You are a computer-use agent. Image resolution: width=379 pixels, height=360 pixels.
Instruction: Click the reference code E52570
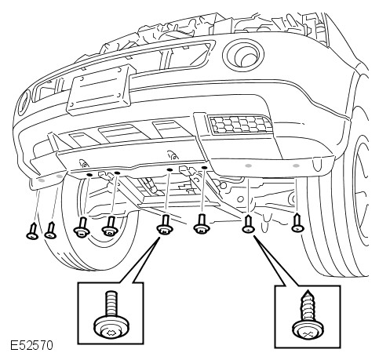[x=31, y=345]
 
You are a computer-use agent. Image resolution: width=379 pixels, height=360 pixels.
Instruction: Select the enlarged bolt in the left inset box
[x=111, y=316]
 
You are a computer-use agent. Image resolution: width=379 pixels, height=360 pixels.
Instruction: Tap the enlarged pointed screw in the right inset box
[x=308, y=318]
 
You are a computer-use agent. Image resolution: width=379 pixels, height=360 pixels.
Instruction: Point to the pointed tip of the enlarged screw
[x=308, y=291]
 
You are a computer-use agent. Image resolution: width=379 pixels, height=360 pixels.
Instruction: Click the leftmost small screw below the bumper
[x=32, y=231]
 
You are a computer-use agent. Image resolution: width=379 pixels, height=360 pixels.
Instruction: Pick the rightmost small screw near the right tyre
[x=297, y=223]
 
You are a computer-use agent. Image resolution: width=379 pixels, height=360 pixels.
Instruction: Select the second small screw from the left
[x=51, y=231]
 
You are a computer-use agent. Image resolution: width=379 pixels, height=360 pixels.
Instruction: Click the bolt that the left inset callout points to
[x=165, y=224]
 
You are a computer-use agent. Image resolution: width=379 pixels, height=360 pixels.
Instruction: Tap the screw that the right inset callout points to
[x=248, y=224]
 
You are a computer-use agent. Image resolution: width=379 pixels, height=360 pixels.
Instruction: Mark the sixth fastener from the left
[x=202, y=224]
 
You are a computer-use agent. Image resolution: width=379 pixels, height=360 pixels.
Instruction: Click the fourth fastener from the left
[x=110, y=226]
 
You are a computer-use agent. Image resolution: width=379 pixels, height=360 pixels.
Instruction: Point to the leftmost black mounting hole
[x=89, y=174]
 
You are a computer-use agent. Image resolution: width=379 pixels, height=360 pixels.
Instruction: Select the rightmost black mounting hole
[x=205, y=167]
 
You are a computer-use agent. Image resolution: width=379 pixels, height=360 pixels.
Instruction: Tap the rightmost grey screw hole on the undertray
[x=296, y=165]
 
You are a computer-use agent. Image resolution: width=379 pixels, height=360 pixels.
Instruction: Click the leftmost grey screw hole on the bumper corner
[x=42, y=180]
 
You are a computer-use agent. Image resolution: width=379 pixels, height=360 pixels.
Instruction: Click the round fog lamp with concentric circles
[x=243, y=56]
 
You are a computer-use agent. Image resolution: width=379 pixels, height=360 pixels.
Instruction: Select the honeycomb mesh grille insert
[x=241, y=124]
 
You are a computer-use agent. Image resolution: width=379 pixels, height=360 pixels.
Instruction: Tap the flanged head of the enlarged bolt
[x=111, y=327]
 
